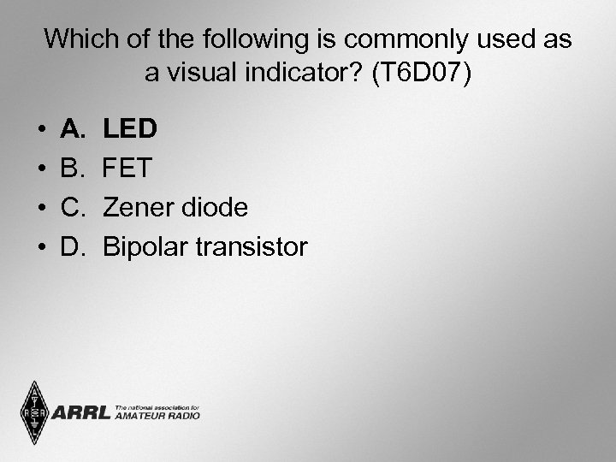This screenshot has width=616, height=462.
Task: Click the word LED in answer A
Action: point(130,129)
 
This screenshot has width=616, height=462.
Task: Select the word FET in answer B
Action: point(127,169)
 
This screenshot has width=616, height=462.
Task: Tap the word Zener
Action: point(133,208)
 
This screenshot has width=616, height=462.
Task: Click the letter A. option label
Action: point(74,129)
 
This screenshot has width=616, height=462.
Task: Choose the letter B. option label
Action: point(74,169)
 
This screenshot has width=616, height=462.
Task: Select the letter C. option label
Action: point(75,208)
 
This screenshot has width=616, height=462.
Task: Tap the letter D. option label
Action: point(75,247)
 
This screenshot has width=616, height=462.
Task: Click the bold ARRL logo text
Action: point(81,412)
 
